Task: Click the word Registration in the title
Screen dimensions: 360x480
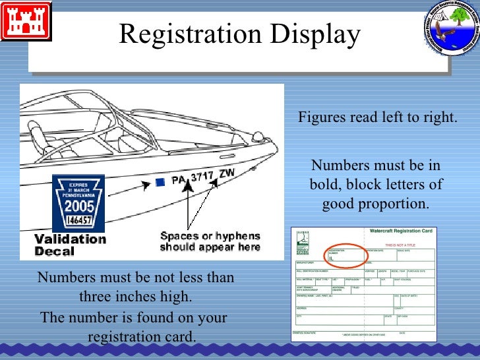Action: coord(192,35)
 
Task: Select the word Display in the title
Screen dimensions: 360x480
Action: coord(318,35)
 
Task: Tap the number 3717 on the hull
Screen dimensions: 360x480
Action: coord(203,176)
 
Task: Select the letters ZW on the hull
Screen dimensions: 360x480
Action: coord(227,173)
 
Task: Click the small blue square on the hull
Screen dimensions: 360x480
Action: coord(160,182)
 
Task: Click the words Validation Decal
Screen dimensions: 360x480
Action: coord(70,245)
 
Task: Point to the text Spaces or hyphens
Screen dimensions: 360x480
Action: coord(210,236)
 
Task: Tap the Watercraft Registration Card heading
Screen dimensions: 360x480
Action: coord(400,231)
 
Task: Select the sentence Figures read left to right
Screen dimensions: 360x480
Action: coord(377,118)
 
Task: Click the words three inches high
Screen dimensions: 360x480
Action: coord(135,297)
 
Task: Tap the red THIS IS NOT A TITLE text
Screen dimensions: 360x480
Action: coord(408,244)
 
